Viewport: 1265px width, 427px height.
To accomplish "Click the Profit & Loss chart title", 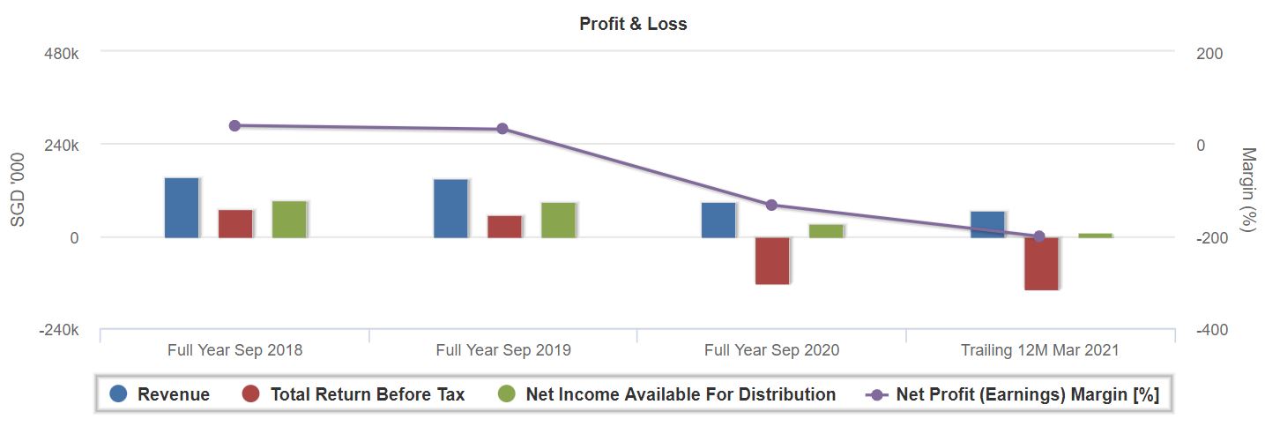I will pos(633,25).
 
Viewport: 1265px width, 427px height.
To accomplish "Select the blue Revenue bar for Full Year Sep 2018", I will pos(182,207).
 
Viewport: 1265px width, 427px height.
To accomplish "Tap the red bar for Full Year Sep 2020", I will pos(772,260).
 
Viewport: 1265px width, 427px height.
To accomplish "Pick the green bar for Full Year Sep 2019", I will pos(558,220).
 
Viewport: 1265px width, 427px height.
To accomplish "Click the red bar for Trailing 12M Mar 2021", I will pos(1041,263).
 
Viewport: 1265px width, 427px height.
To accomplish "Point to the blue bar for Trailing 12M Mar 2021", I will pos(987,224).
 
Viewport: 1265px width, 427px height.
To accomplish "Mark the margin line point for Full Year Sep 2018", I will pos(234,125).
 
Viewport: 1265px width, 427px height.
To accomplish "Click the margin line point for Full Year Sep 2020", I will pos(771,205).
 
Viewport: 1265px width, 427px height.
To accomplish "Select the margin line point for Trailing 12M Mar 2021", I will pos(1039,236).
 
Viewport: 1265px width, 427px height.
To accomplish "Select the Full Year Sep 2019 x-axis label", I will pos(503,350).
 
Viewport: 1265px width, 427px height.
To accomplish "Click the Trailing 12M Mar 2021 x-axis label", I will pos(1039,350).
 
